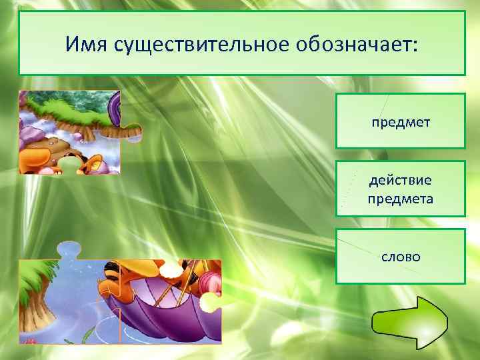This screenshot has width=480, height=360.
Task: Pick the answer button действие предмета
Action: pos(400,189)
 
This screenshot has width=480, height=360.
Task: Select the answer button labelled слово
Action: pos(400,256)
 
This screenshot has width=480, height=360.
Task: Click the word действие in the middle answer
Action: pos(400,180)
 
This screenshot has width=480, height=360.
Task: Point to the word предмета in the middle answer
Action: pos(400,198)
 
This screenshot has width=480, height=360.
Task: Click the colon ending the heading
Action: pos(417,45)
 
